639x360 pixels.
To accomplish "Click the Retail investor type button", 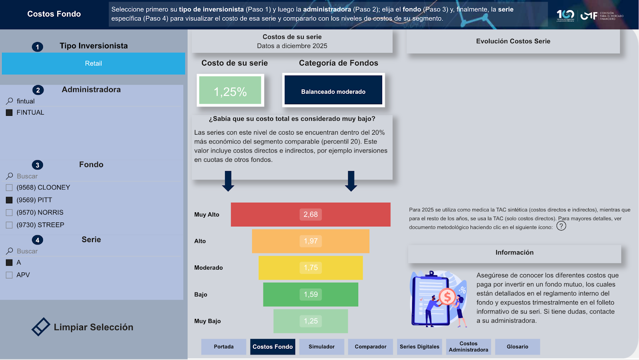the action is coord(93,64).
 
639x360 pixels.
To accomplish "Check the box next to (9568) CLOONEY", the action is coord(9,187).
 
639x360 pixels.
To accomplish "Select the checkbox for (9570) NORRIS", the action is coord(9,213).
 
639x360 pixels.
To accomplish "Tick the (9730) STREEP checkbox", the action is coord(9,225).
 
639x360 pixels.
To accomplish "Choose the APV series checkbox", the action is coord(9,275).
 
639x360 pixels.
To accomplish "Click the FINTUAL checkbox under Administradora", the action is coord(9,113).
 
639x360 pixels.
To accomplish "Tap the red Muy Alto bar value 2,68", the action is coord(310,215).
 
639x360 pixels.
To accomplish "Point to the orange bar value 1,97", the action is coord(310,241).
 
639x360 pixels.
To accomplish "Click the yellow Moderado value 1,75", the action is coord(310,267).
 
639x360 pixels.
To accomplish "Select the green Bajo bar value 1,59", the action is coord(310,294).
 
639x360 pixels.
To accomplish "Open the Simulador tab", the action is coord(321,346).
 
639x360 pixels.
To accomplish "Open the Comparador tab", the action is coord(370,346).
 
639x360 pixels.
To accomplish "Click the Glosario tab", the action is coord(518,346).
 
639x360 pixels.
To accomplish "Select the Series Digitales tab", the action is coord(419,346).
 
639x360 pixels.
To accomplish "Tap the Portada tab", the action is coord(224,346).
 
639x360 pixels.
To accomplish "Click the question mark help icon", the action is coord(561,226).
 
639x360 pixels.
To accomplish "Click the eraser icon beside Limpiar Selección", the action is coord(41,326).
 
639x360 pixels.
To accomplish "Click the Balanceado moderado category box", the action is coord(333,90).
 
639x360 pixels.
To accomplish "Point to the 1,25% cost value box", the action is coord(230,90).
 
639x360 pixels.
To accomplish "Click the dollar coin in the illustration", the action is coord(447,296).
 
